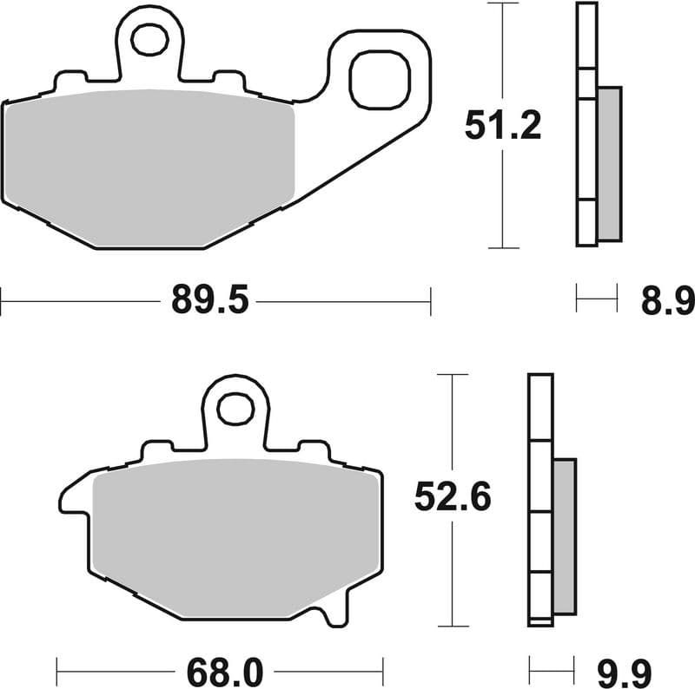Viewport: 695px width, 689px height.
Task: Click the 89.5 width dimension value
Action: (210, 302)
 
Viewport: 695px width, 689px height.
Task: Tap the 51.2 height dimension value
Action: (503, 126)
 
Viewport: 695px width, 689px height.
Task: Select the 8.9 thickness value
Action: (667, 302)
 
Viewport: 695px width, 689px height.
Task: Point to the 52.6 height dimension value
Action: (453, 497)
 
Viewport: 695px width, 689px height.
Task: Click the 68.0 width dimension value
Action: (220, 670)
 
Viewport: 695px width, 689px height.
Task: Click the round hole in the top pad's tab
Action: (150, 38)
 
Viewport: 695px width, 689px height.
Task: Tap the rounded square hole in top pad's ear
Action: (379, 80)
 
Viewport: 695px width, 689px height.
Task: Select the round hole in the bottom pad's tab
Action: (234, 409)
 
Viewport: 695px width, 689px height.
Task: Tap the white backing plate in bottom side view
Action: (540, 495)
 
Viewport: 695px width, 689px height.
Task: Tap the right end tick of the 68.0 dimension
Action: (383, 670)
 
